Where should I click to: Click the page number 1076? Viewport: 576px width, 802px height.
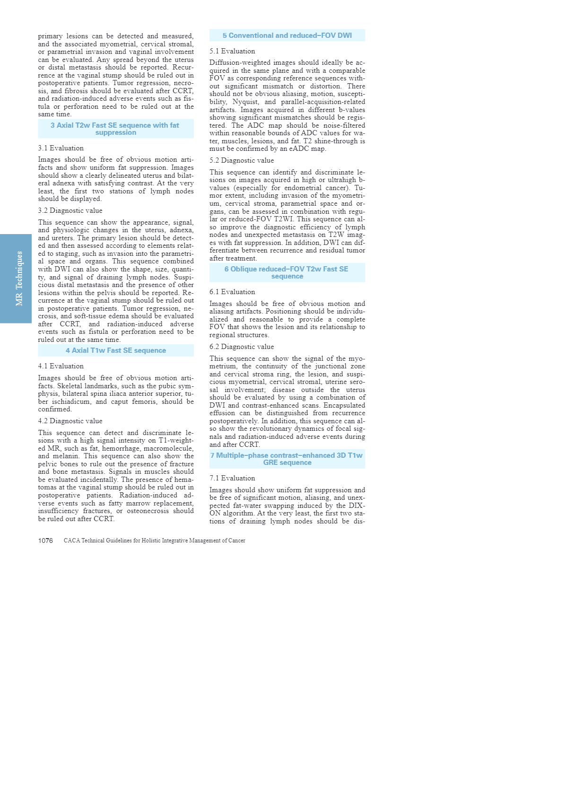coord(45,540)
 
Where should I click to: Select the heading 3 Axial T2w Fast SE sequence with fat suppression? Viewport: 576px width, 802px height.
coord(115,129)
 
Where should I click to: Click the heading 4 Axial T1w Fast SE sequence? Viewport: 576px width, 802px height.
coord(116,350)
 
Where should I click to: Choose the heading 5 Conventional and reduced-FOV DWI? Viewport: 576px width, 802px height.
coord(287,35)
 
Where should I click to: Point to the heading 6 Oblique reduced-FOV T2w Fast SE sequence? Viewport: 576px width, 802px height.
coord(287,272)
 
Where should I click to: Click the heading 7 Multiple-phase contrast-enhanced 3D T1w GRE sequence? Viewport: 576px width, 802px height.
coord(287,459)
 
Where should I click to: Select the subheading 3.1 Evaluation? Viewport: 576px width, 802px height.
coord(61,148)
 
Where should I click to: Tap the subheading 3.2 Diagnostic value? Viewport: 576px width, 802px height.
coord(70,210)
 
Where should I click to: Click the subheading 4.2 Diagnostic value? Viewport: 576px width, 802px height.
coord(70,421)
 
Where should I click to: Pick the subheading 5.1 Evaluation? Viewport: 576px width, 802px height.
coord(232,51)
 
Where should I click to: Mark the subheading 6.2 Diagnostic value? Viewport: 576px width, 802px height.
coord(242,347)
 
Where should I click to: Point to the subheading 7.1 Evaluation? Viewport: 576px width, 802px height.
coord(232,478)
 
